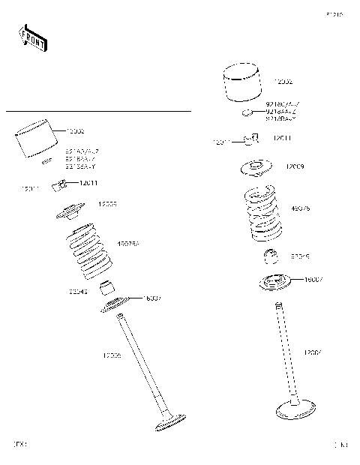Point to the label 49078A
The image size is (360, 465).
pyautogui.click(x=129, y=244)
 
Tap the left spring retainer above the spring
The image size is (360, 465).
pyautogui.click(x=72, y=213)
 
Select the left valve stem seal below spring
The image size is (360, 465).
pyautogui.click(x=109, y=285)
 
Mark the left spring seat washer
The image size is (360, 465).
pyautogui.click(x=114, y=303)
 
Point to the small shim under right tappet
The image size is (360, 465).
pyautogui.click(x=246, y=112)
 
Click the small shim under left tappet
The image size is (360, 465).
pyautogui.click(x=46, y=160)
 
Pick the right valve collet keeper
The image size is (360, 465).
pyautogui.click(x=253, y=138)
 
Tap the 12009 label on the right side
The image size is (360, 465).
pyautogui.click(x=294, y=166)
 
